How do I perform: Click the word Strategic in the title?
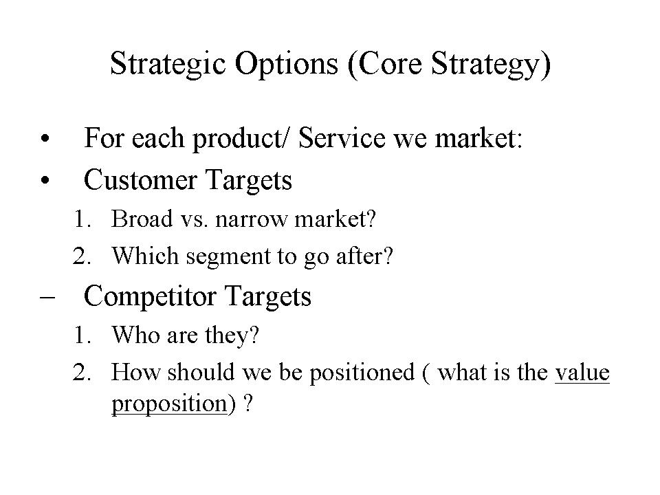click(x=168, y=65)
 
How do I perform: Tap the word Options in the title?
click(x=286, y=65)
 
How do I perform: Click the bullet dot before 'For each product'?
click(x=45, y=138)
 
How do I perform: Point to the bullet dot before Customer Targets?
click(x=45, y=181)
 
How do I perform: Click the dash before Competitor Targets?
click(x=47, y=296)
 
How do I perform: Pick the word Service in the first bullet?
click(x=342, y=137)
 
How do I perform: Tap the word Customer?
click(x=140, y=179)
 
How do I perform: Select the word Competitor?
click(x=151, y=296)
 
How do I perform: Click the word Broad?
click(x=142, y=219)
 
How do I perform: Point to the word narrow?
click(x=251, y=220)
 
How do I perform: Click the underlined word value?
click(x=582, y=373)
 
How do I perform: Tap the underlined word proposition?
click(x=169, y=404)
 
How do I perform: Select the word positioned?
click(x=362, y=373)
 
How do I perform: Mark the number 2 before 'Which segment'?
click(x=82, y=256)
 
